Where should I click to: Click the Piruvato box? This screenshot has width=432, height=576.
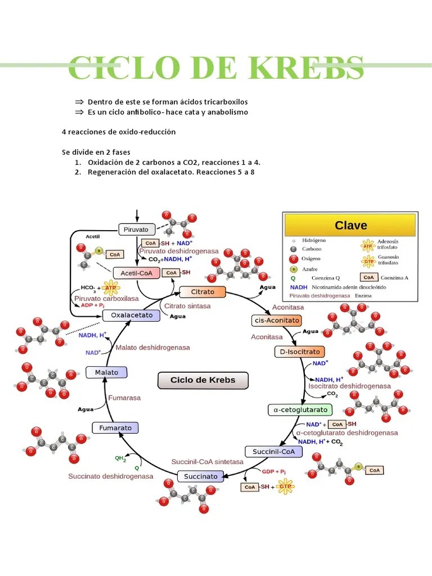pyautogui.click(x=136, y=229)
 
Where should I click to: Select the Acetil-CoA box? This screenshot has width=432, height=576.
pyautogui.click(x=137, y=273)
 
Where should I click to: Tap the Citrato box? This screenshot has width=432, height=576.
pyautogui.click(x=202, y=292)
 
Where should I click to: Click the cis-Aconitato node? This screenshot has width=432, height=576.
pyautogui.click(x=276, y=321)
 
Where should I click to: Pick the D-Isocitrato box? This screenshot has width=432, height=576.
pyautogui.click(x=300, y=352)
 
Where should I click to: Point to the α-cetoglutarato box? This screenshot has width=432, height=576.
pyautogui.click(x=300, y=410)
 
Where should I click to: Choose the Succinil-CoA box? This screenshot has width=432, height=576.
pyautogui.click(x=274, y=452)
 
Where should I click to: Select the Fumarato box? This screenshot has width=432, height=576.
pyautogui.click(x=115, y=428)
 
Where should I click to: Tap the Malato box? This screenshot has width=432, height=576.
pyautogui.click(x=106, y=372)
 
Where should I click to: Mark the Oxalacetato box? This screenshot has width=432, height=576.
pyautogui.click(x=132, y=316)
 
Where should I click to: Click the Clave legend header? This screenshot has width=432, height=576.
pyautogui.click(x=350, y=226)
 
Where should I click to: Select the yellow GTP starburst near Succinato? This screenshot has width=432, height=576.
pyautogui.click(x=286, y=487)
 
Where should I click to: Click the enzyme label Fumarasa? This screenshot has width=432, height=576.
pyautogui.click(x=124, y=398)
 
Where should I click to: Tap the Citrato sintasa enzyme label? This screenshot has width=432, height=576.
pyautogui.click(x=187, y=306)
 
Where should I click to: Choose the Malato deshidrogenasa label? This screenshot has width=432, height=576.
pyautogui.click(x=152, y=348)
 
